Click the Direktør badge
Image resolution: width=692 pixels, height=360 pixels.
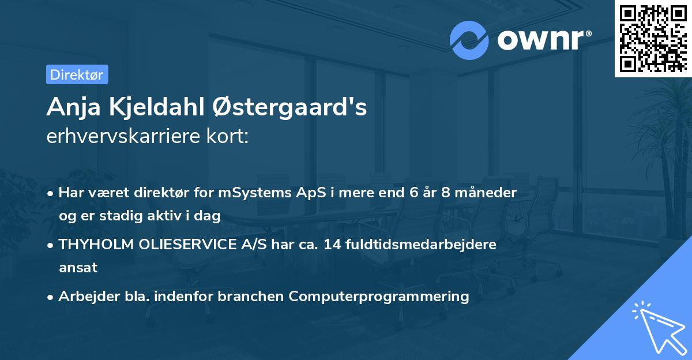tap(77, 74)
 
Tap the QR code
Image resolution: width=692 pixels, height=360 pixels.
tap(653, 39)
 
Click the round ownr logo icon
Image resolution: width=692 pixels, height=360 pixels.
tap(469, 40)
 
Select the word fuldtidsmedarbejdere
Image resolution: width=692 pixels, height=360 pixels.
tap(424, 245)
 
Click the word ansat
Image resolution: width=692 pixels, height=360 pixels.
tap(77, 268)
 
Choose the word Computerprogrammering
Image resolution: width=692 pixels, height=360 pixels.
tap(379, 297)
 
